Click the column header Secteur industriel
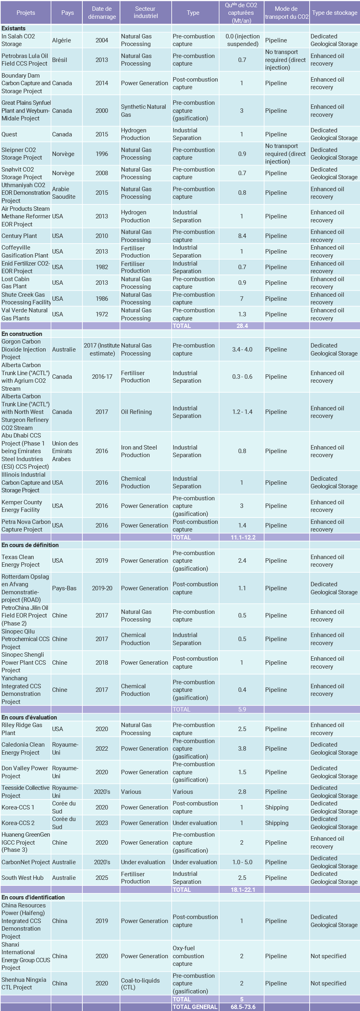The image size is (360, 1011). (146, 12)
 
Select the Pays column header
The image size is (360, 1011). (67, 12)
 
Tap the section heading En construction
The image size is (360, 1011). (22, 334)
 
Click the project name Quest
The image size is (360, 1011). (9, 134)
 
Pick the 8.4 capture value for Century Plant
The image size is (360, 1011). (242, 236)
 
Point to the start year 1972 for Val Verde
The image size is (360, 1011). (102, 314)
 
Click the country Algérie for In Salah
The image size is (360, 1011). (62, 40)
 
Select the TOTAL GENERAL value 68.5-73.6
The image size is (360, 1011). (243, 1007)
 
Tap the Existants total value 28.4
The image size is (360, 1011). (242, 326)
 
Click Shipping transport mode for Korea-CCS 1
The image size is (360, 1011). (276, 807)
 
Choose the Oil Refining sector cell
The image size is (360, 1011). (136, 412)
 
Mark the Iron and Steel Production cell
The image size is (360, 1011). (139, 451)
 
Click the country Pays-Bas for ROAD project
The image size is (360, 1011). (64, 588)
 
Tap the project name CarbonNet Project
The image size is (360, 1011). (26, 862)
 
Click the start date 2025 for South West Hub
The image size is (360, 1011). (102, 877)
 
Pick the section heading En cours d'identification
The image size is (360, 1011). (33, 897)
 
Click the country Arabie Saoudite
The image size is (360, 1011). (64, 192)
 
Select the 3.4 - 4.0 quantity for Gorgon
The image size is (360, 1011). (242, 349)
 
